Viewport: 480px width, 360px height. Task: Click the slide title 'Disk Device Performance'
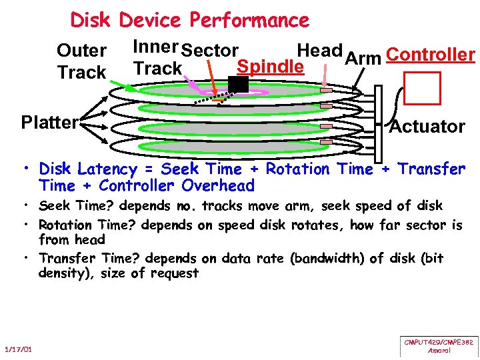click(x=189, y=20)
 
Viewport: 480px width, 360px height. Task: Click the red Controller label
click(x=430, y=55)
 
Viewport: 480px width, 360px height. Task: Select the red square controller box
click(x=423, y=88)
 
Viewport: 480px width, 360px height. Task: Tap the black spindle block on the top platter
click(x=238, y=84)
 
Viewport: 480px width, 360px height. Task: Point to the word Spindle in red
click(x=271, y=67)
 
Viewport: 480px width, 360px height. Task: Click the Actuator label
click(x=427, y=126)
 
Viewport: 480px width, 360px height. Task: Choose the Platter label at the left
click(x=49, y=123)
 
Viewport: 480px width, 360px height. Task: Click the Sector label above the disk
click(x=209, y=50)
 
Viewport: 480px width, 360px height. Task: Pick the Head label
click(x=319, y=50)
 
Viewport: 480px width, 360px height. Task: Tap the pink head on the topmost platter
click(x=327, y=90)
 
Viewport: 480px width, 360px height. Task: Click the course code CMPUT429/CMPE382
click(x=439, y=342)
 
